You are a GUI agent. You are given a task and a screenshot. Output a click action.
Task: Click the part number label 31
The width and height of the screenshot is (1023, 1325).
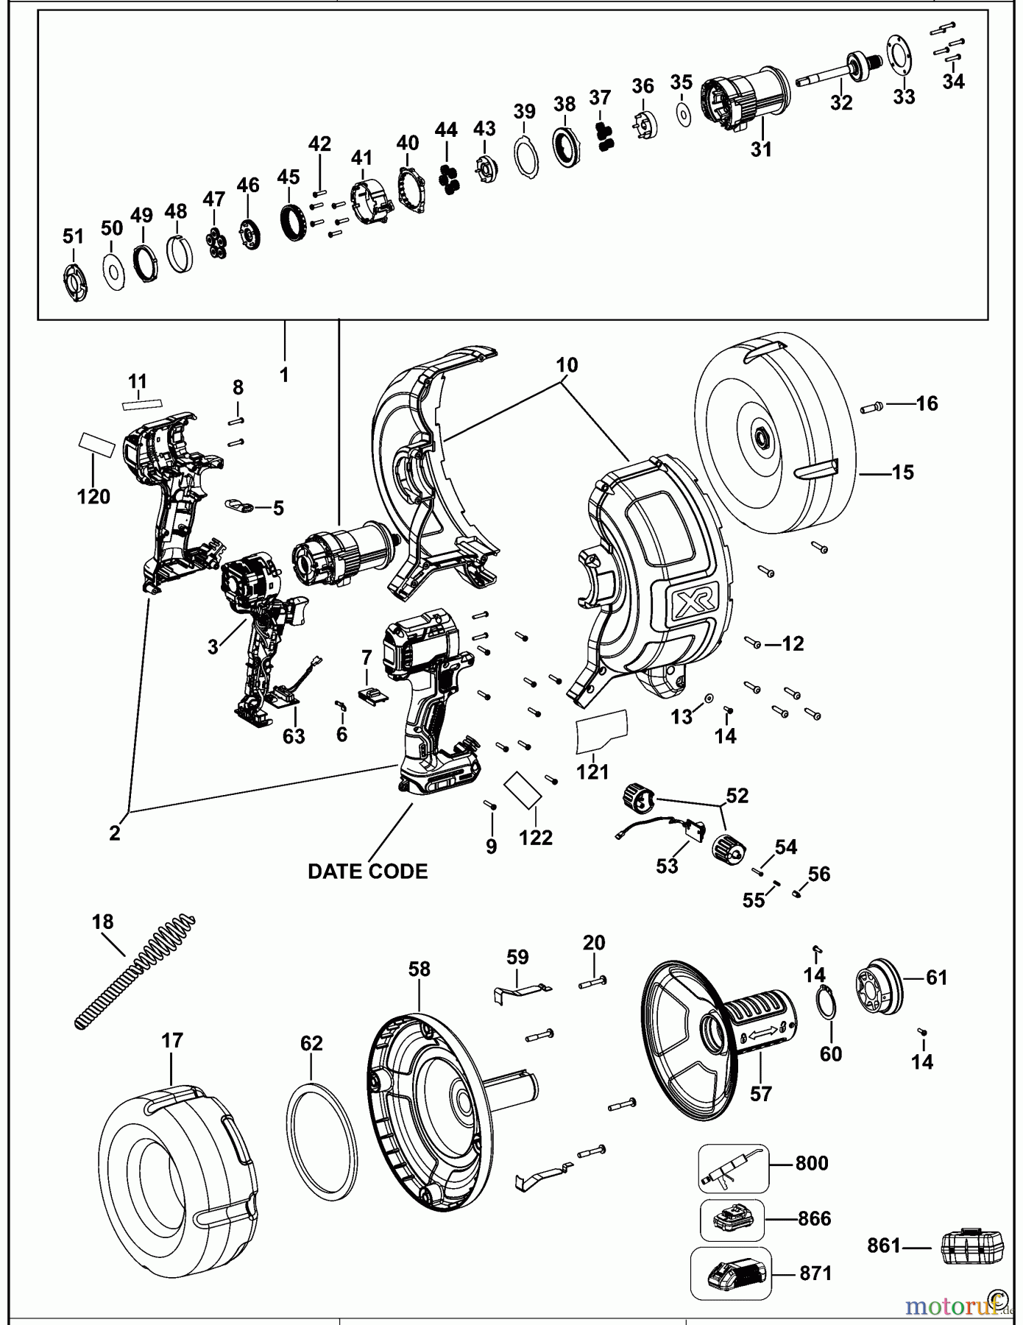[761, 149]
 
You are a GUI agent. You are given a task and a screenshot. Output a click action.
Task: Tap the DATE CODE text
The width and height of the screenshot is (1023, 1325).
[367, 872]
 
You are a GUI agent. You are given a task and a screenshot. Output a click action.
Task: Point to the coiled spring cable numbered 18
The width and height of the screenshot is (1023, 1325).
[137, 971]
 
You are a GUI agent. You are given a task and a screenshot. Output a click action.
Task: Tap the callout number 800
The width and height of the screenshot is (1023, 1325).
[811, 1164]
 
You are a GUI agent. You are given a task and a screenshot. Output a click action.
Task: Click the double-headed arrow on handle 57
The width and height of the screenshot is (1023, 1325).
[760, 1035]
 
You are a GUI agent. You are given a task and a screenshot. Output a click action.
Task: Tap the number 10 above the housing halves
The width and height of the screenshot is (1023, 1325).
[567, 364]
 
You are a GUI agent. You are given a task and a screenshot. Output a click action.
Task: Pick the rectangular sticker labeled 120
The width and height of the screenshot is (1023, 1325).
[97, 445]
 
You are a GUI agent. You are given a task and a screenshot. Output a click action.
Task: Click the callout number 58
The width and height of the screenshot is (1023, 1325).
[419, 969]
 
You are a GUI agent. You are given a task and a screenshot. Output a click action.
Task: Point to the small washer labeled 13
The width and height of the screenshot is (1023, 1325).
[708, 697]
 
